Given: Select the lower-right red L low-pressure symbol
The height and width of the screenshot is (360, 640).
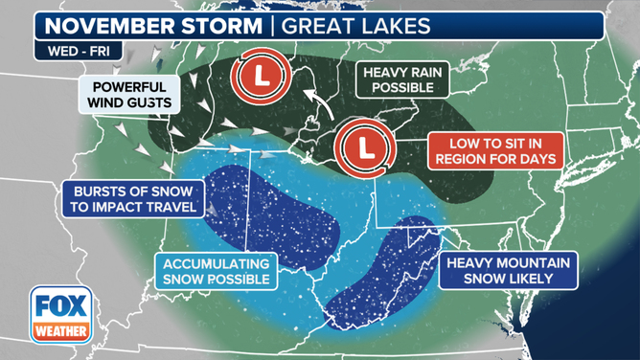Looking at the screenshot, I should pyautogui.click(x=364, y=148).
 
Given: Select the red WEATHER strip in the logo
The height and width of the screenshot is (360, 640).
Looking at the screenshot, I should pyautogui.click(x=60, y=332).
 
